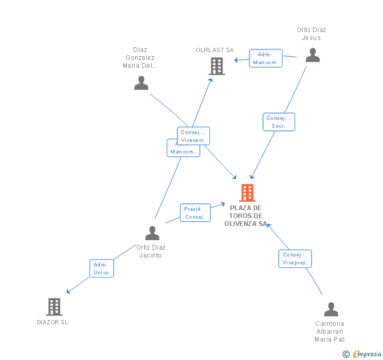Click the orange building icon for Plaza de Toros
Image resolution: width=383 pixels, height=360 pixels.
[x=247, y=193]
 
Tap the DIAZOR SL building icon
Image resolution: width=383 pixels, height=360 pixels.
[x=54, y=306]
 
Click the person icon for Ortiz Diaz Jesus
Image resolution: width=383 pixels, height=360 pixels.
[x=313, y=55]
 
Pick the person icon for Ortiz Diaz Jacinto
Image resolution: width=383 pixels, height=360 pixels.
[x=152, y=233]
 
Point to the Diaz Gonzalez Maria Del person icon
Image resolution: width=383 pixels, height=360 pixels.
[x=141, y=83]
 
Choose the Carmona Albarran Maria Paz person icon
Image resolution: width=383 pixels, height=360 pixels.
[x=331, y=309]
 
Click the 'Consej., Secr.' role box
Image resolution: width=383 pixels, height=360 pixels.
[x=279, y=122]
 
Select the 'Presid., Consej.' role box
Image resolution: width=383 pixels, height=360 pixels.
[x=195, y=213]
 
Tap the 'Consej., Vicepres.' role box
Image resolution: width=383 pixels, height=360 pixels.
[x=295, y=259]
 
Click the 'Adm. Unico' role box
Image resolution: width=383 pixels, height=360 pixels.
[x=102, y=269]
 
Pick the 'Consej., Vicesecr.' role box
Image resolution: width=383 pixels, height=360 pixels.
[x=193, y=136]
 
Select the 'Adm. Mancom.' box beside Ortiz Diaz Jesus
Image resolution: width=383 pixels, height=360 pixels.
[x=266, y=58]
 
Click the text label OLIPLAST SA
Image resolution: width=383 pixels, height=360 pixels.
[x=215, y=50]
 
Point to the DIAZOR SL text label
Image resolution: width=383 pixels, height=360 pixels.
[x=53, y=322]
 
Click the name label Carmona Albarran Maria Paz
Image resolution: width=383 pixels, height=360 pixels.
[x=330, y=331]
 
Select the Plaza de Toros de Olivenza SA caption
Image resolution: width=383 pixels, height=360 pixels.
[x=246, y=215]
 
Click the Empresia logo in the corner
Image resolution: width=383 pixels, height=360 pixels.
[x=362, y=354]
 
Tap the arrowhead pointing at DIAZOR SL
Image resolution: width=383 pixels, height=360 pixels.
[x=68, y=292]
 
